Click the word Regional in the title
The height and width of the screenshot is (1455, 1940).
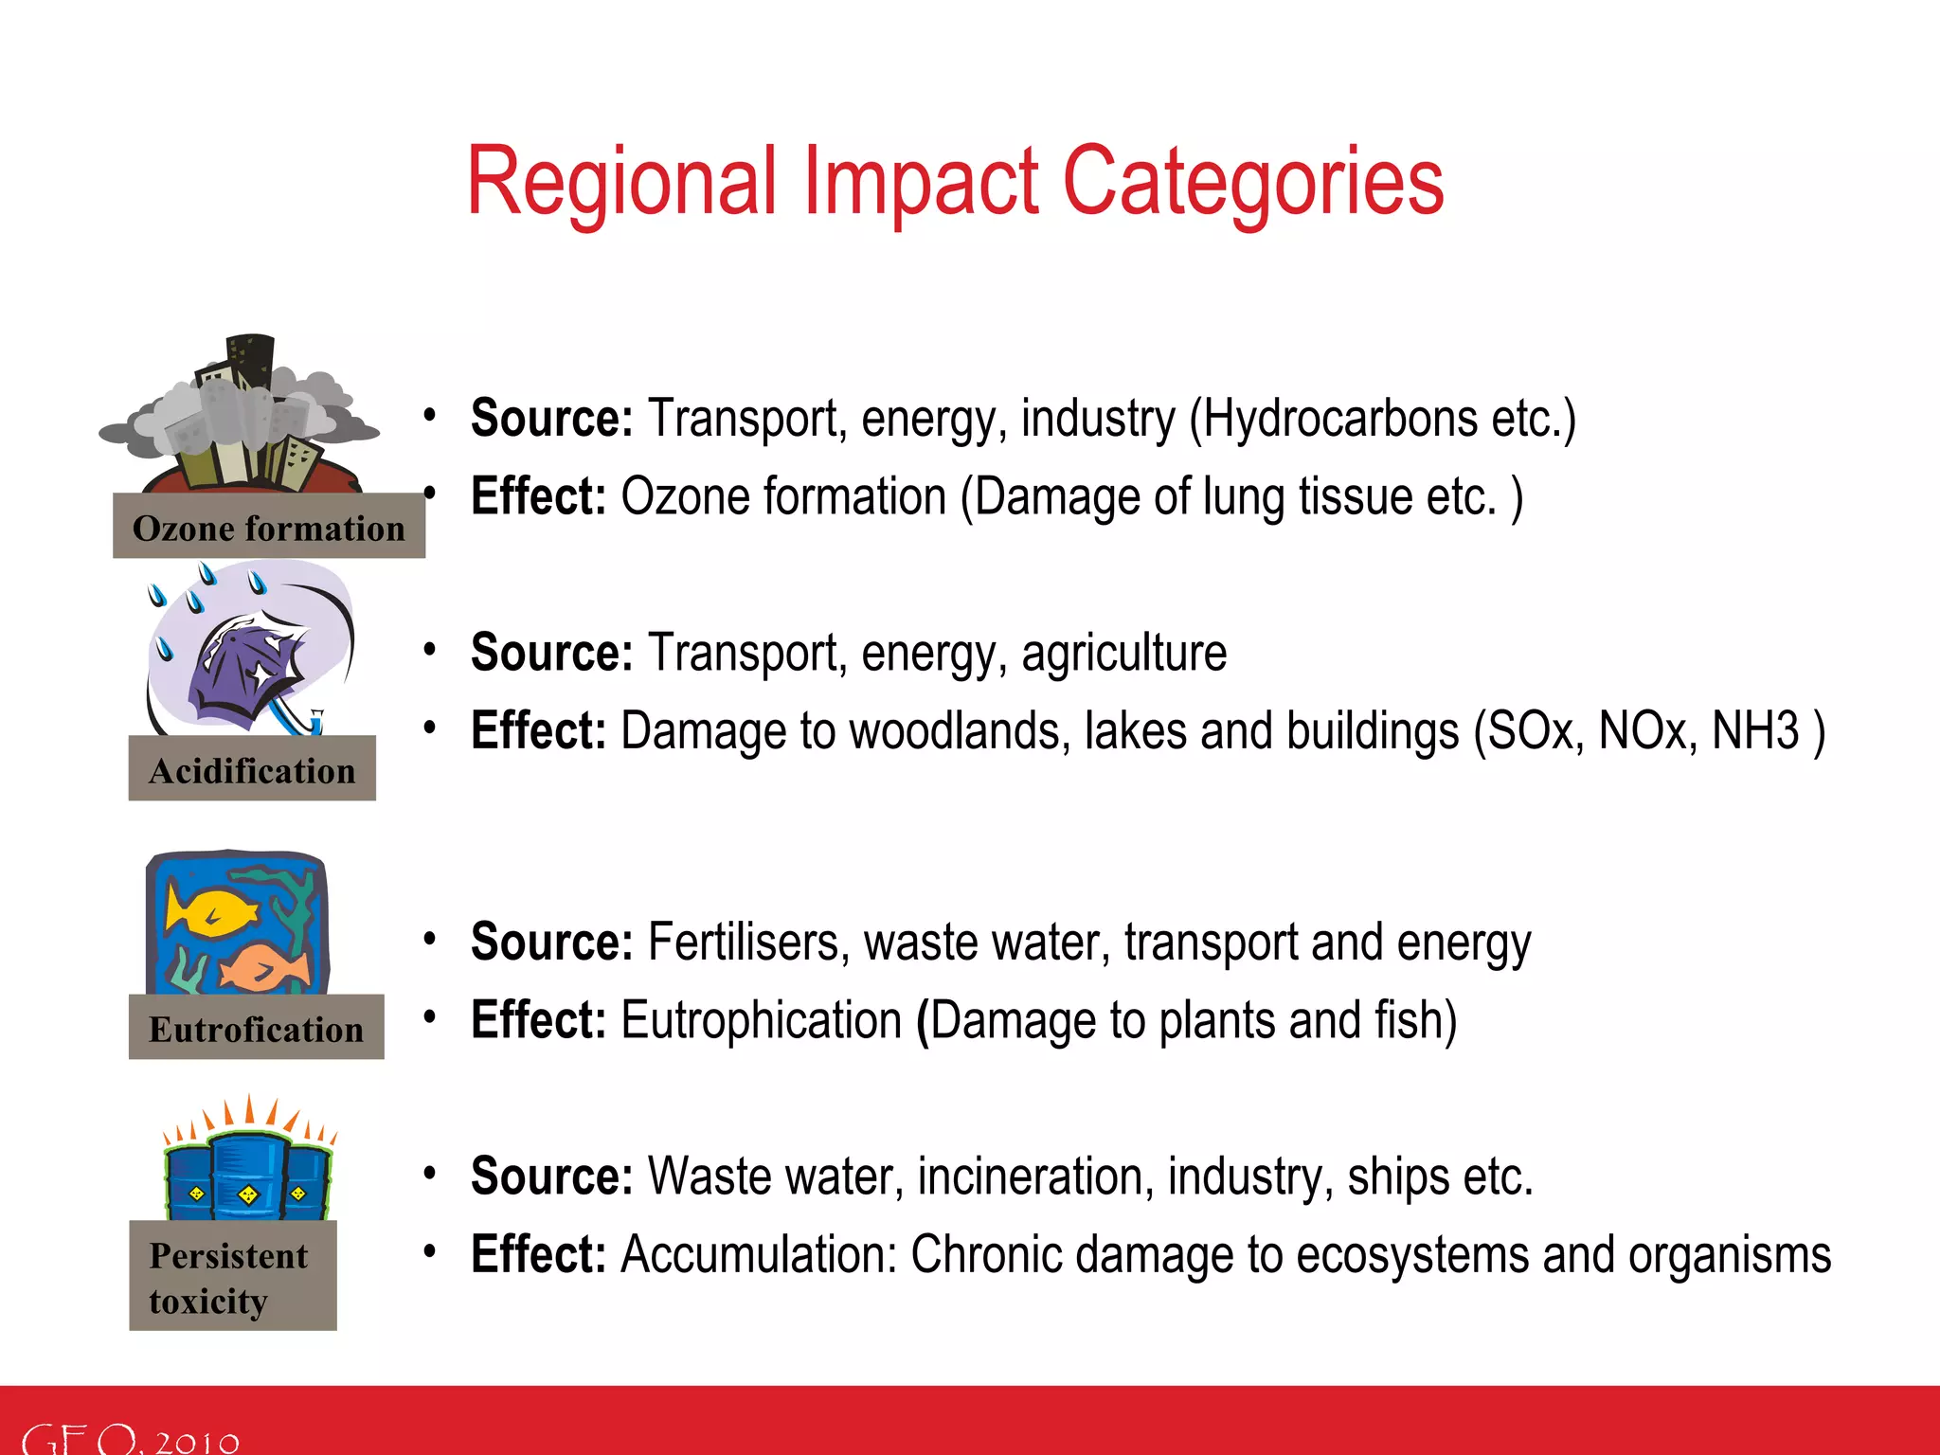[x=620, y=182]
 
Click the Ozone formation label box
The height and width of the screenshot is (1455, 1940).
[x=269, y=527]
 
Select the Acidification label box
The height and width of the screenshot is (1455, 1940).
[x=252, y=769]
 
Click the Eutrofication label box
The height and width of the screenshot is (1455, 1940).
[x=256, y=1028]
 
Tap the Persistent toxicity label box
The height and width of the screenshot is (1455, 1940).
[x=232, y=1276]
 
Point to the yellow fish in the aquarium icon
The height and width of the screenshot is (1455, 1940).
[x=210, y=911]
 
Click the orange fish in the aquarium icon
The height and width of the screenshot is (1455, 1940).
[x=265, y=968]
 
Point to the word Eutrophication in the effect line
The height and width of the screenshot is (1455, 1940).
[x=761, y=1021]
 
